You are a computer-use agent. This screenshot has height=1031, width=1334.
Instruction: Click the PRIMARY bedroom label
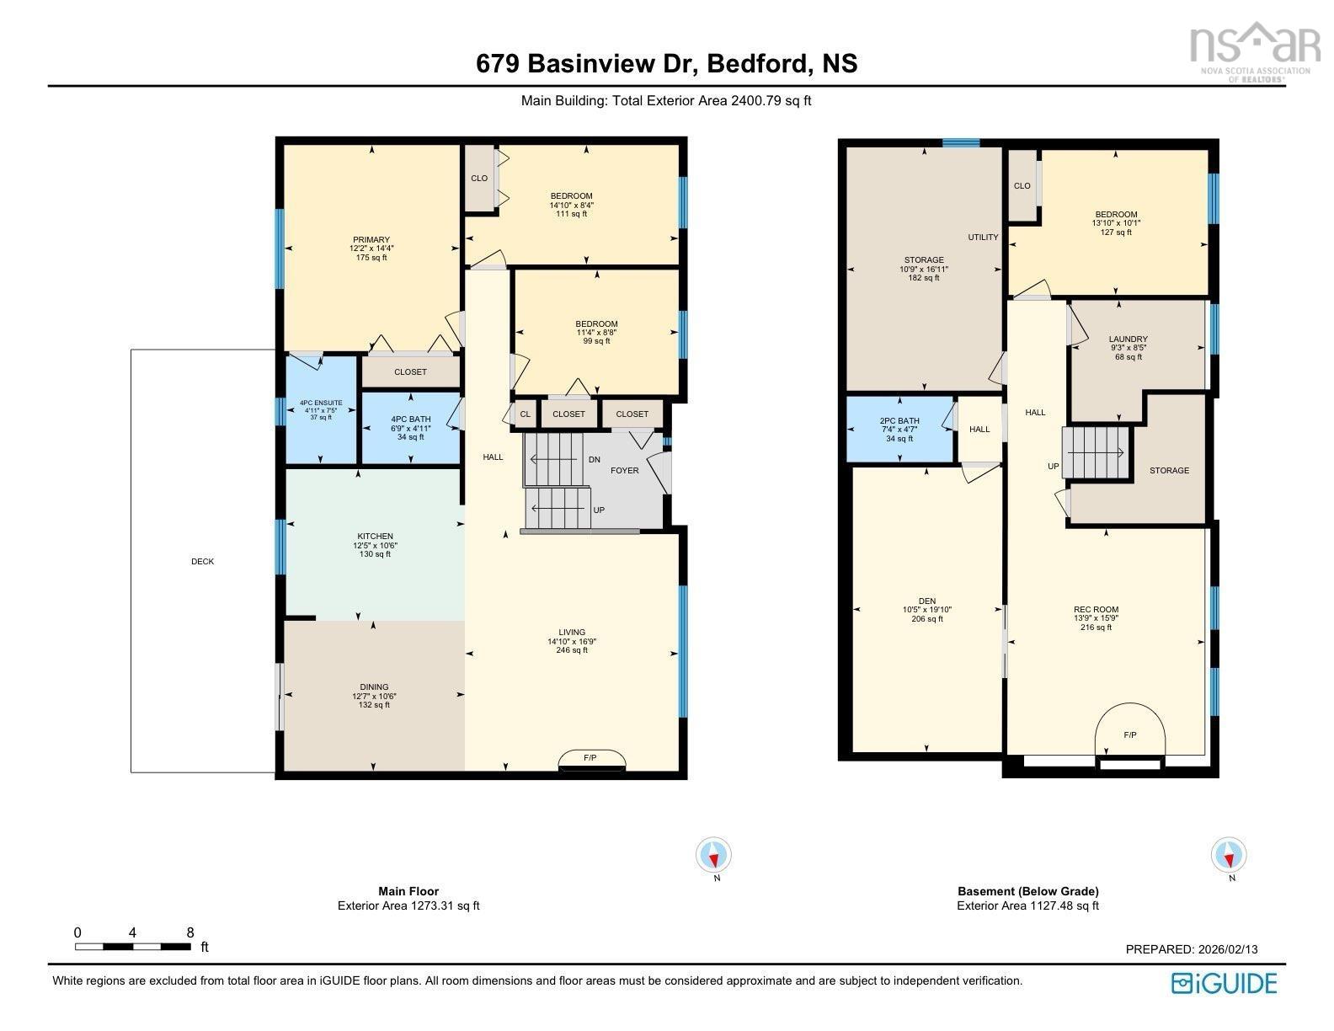pos(371,239)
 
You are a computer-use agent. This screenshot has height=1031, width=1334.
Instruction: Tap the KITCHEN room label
pos(375,536)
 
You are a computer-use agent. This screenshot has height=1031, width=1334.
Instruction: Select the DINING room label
pos(374,687)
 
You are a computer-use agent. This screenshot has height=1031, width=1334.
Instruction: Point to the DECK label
pos(203,561)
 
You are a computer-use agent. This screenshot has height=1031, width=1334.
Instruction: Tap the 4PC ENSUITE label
pos(321,403)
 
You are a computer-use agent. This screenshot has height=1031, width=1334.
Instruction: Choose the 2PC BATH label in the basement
pos(899,420)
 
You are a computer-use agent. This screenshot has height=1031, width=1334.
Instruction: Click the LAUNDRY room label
pos(1128,339)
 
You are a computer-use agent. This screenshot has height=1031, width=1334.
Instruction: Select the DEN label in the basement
pos(927,601)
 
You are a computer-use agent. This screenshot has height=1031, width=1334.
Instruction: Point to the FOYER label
pos(624,470)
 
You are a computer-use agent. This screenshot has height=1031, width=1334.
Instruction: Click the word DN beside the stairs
pos(595,459)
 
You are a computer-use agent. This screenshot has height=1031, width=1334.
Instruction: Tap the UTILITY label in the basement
pos(983,237)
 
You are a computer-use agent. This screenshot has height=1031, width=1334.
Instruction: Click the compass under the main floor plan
pos(713,854)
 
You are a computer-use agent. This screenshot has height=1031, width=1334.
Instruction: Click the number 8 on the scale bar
pos(190,932)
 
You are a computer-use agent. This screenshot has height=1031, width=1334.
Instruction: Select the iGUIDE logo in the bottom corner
pos(1225,983)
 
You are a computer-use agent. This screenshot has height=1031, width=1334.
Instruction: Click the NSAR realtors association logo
pos(1255,53)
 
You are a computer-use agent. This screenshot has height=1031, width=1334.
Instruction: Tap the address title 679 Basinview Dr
pos(588,64)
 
